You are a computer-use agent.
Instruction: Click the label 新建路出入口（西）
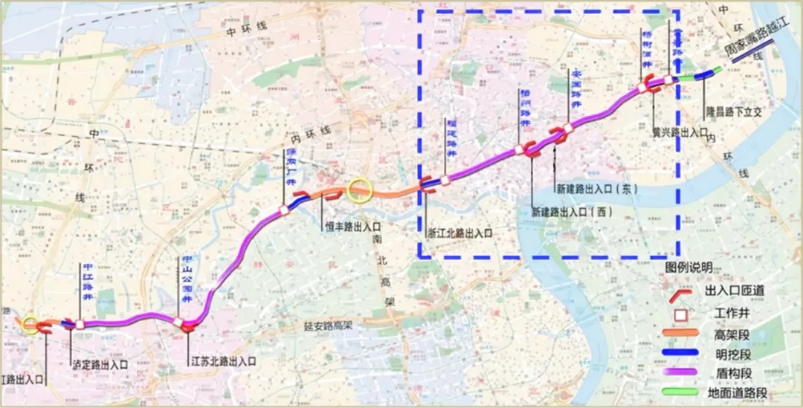coord(572,212)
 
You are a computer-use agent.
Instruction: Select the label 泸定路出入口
coord(100,365)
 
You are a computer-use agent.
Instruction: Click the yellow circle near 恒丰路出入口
coord(360,190)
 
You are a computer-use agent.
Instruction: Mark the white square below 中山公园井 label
coord(180,323)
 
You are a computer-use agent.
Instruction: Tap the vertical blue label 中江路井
coord(87,281)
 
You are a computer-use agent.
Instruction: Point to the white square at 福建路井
coord(445,179)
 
